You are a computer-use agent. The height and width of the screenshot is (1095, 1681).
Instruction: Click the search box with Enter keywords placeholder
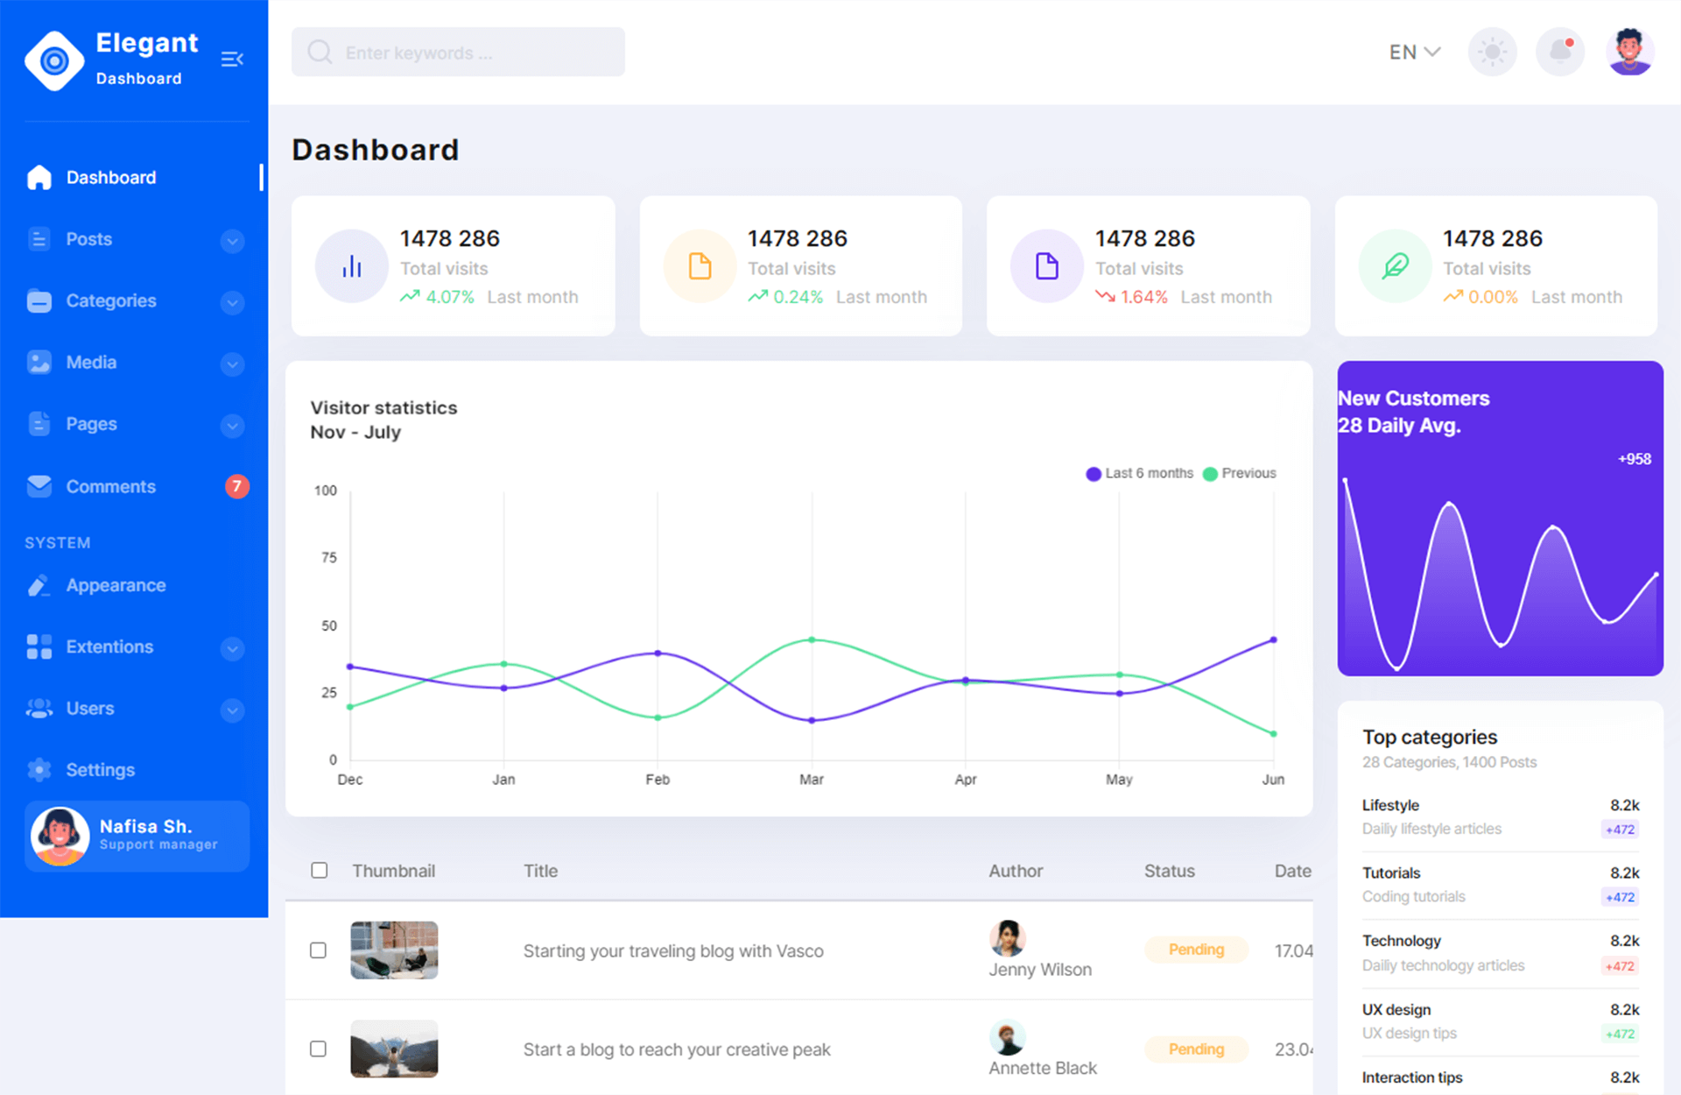point(458,53)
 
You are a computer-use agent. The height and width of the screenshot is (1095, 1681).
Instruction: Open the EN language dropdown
point(1414,53)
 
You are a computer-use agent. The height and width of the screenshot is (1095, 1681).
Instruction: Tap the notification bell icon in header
point(1560,51)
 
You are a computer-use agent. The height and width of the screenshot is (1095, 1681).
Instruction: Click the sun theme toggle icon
point(1492,52)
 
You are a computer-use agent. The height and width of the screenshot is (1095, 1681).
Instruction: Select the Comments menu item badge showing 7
point(236,486)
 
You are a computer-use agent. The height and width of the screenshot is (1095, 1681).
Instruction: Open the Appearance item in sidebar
point(116,585)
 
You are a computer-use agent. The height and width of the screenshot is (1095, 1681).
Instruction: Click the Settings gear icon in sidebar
point(39,770)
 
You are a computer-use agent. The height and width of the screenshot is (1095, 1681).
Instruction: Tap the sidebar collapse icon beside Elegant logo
point(232,59)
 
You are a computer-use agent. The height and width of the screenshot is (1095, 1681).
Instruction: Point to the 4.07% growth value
point(449,297)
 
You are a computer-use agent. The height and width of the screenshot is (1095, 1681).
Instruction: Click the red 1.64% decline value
point(1143,297)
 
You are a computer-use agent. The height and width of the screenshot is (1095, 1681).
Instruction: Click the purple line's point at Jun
point(1273,639)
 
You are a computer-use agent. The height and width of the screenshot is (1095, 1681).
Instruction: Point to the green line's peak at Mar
point(812,639)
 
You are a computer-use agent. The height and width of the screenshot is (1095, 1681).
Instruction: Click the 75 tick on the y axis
point(329,557)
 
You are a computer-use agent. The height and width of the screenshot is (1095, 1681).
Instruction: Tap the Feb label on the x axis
point(658,780)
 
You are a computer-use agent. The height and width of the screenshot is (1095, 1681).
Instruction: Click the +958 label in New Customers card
point(1634,459)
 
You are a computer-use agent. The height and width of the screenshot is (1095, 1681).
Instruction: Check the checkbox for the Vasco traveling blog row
point(319,950)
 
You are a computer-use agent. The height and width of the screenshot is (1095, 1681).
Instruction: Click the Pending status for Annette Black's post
point(1196,1049)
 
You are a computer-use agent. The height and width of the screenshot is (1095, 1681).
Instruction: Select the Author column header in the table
point(1016,871)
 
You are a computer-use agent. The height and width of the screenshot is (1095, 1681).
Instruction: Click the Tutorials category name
point(1391,872)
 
